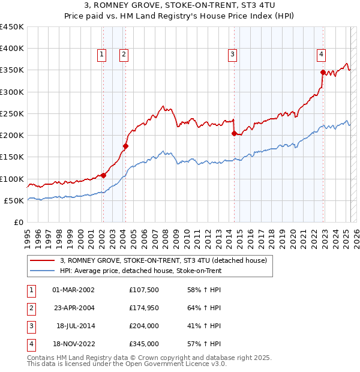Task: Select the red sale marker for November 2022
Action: click(x=323, y=72)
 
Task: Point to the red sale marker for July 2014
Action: click(x=234, y=133)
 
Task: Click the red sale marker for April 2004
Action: click(x=126, y=146)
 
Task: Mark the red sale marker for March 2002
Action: click(x=103, y=175)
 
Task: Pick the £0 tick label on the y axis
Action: click(x=18, y=222)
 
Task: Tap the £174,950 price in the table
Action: click(x=143, y=308)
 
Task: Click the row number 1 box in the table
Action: click(x=31, y=290)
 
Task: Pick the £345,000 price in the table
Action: click(x=143, y=344)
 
